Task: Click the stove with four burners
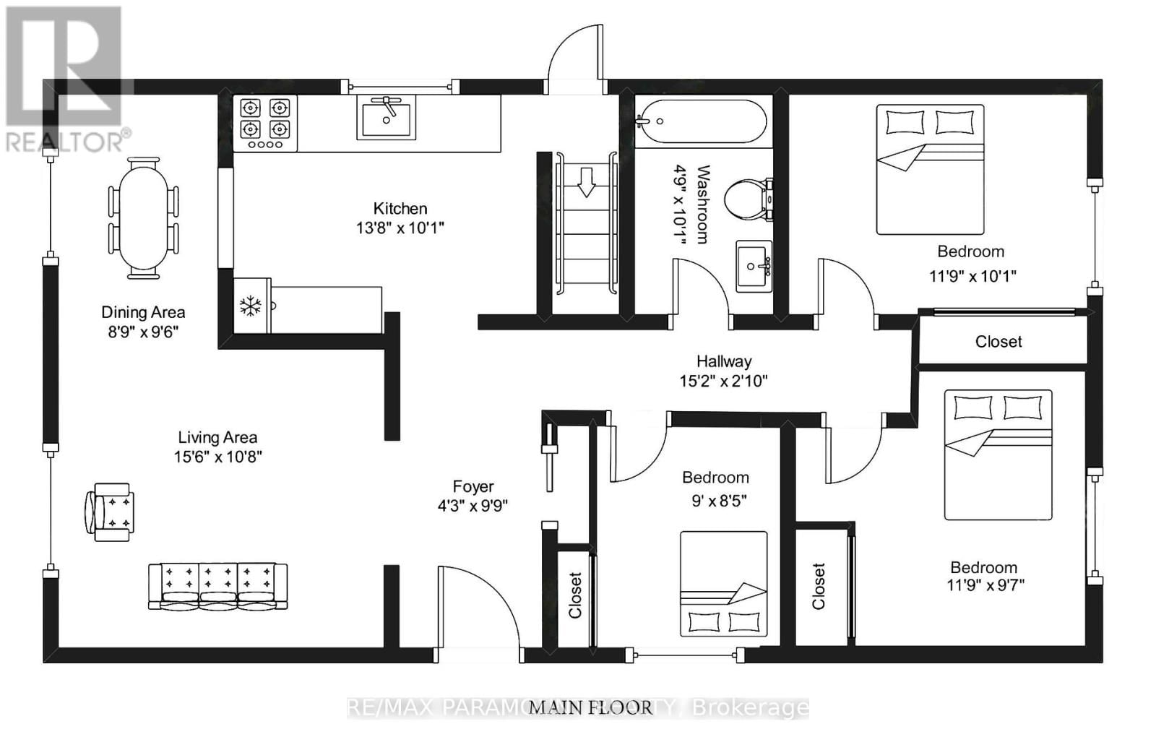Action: pos(265,124)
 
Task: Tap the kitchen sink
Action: pos(386,118)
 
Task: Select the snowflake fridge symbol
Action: pos(251,306)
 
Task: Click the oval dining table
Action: pos(143,217)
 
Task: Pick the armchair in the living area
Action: pos(110,512)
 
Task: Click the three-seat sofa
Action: pos(217,586)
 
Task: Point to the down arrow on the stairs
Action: pos(586,182)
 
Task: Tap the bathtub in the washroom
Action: pos(701,122)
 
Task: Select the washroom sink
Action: pos(754,267)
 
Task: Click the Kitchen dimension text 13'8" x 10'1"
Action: pos(400,228)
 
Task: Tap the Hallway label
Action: pos(724,361)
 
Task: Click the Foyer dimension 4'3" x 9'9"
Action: pos(473,506)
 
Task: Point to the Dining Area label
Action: pos(143,312)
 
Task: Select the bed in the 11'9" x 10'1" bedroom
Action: pos(930,170)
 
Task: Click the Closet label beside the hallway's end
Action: pos(998,342)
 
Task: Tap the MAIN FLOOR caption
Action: pos(590,707)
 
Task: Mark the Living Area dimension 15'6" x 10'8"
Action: pos(217,457)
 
